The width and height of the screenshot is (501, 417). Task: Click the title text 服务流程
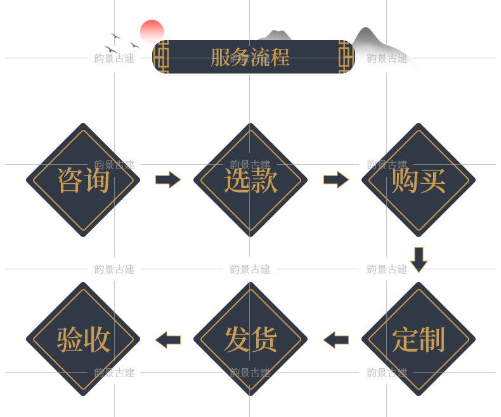tap(250, 57)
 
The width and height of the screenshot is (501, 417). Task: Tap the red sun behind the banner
tap(152, 30)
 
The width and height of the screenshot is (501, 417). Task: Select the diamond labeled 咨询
tap(83, 180)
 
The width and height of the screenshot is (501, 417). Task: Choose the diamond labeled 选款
tap(251, 180)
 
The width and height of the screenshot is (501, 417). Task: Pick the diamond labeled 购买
tap(419, 180)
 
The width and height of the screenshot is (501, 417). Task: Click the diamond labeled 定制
tap(419, 339)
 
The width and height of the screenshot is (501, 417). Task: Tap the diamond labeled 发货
tap(251, 339)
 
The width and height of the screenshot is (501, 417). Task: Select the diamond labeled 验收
tap(83, 339)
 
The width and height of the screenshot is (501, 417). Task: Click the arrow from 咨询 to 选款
tap(167, 180)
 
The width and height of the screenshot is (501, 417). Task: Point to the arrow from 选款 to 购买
tap(335, 180)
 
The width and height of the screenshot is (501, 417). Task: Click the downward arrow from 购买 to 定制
tap(419, 259)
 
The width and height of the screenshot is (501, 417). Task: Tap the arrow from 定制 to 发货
tap(335, 340)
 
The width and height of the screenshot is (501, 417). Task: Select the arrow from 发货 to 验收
tap(167, 340)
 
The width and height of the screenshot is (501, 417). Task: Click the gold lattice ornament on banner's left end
tap(162, 57)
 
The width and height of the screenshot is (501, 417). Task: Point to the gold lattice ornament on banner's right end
tap(345, 57)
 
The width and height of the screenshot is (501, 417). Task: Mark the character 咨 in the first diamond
tap(70, 180)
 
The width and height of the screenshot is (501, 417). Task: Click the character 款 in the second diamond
tap(264, 180)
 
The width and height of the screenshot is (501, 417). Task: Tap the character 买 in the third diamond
tap(433, 180)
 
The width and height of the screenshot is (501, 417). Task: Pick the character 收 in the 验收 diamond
tap(97, 339)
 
